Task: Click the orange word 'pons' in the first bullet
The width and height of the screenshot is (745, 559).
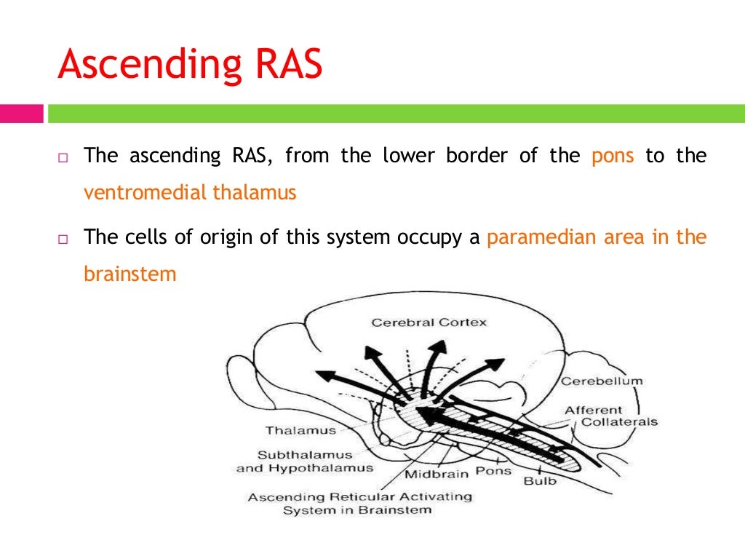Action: coord(613,156)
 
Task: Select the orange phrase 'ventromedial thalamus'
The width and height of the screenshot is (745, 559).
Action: coord(190,194)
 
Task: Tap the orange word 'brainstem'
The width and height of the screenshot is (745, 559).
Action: coord(130,274)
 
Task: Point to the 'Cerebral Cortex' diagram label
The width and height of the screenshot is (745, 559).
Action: coord(429,322)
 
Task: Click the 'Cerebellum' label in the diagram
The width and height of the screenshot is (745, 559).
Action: coord(601,381)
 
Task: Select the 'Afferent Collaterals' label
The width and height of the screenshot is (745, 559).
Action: coord(610,416)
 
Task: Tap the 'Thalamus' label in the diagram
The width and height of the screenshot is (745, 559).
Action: coord(300,430)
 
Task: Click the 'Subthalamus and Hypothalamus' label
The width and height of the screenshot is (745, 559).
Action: coord(304,461)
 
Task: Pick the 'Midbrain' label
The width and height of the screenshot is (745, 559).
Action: coord(436,475)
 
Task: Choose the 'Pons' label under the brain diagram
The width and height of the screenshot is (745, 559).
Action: coord(493,471)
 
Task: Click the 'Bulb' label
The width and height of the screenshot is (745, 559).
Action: coord(540,480)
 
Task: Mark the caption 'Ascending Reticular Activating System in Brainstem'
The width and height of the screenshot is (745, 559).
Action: coord(359,504)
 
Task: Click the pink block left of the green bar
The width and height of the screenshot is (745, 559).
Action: coord(22,114)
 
